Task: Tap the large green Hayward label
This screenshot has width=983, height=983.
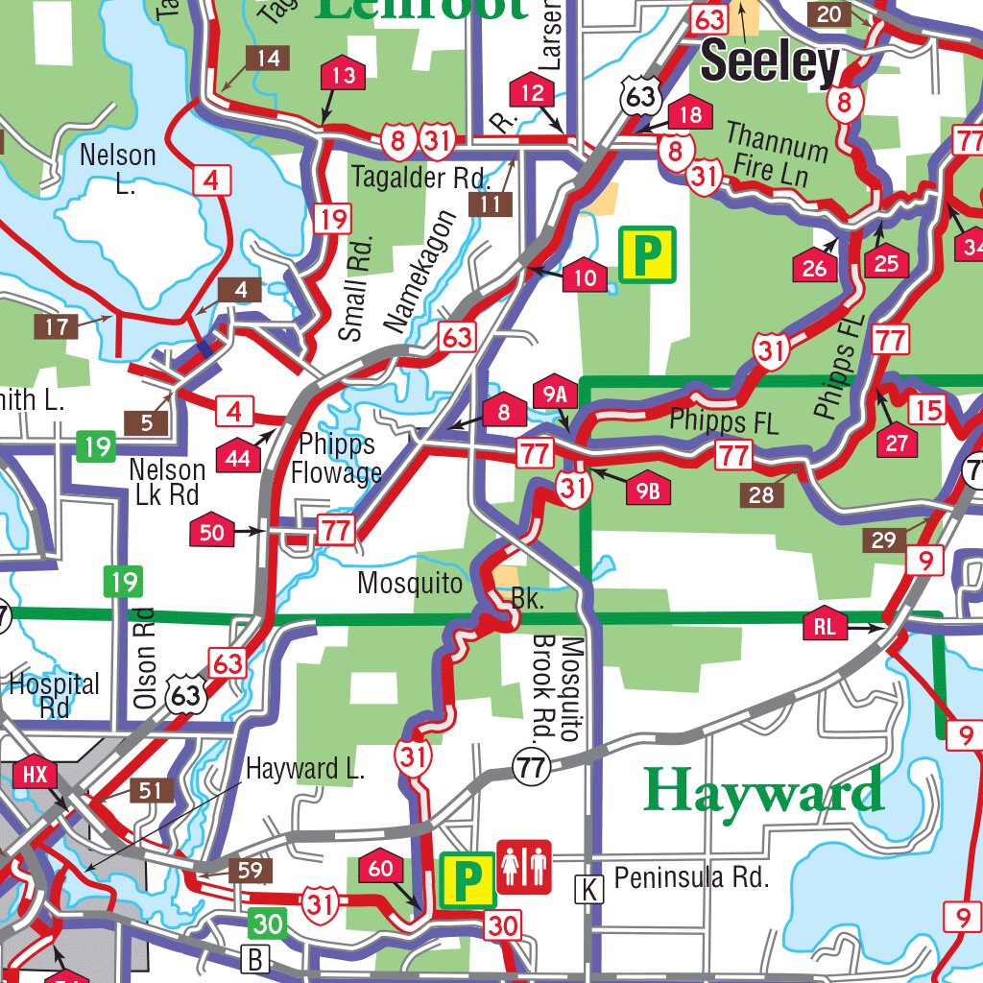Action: point(763,791)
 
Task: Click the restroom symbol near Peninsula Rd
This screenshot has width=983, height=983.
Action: point(524,867)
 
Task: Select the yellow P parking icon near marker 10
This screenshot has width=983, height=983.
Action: point(647,254)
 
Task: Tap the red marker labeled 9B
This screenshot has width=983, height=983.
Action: point(648,491)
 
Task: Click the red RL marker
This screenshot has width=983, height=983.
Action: point(827,627)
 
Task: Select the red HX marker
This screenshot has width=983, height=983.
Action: point(35,774)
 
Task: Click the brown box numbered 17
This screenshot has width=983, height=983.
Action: point(57,326)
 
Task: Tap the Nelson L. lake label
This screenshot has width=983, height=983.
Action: point(118,167)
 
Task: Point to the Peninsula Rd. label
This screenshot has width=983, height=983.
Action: point(691,877)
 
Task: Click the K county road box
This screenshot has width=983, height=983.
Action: point(589,890)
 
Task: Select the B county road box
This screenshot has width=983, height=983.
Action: point(255,958)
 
